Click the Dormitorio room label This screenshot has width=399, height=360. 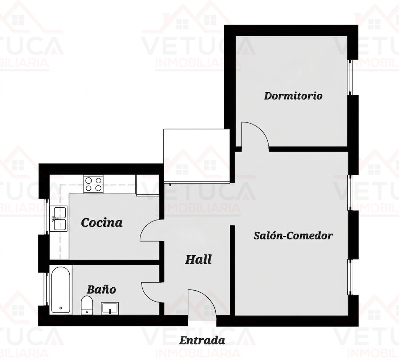tap(293, 96)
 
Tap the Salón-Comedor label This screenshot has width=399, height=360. tap(293, 235)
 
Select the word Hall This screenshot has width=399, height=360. tap(198, 260)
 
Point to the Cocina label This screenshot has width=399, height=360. tap(102, 223)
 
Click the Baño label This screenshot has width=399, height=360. tap(101, 290)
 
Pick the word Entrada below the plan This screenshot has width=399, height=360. tap(202, 340)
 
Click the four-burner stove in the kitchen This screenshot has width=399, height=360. tap(93, 184)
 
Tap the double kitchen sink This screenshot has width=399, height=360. tap(59, 218)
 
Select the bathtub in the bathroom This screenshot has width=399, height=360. tap(60, 290)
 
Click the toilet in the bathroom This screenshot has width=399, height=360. tap(87, 305)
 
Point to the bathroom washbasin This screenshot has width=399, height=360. tap(110, 308)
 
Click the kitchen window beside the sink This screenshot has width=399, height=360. tap(46, 217)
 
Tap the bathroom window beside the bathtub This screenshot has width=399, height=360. tap(46, 289)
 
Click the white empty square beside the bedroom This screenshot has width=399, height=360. tap(197, 156)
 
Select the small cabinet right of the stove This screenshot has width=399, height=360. tap(148, 185)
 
